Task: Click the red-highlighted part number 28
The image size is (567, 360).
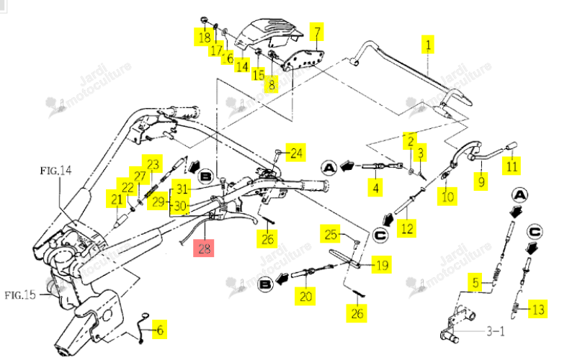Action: [204, 248]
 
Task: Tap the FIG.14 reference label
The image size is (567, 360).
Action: [55, 170]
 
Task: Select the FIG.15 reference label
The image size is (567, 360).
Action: [20, 295]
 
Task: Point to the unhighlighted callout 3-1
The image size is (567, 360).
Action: [495, 330]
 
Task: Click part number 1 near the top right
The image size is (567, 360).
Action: [428, 45]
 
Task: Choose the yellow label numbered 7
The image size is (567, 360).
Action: [317, 32]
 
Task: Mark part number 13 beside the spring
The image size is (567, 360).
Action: [537, 309]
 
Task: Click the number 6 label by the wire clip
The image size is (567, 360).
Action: [159, 329]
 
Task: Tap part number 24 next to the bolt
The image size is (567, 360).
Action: [296, 153]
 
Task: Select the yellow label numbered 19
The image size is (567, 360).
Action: [382, 265]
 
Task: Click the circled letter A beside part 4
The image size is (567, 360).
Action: [329, 168]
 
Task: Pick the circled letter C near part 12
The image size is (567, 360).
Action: [380, 235]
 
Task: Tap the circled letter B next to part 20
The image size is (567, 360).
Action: [265, 284]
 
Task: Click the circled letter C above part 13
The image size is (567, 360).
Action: [535, 232]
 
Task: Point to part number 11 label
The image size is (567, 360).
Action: [512, 166]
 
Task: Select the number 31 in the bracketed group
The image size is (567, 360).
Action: [182, 189]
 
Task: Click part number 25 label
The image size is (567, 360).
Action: [330, 234]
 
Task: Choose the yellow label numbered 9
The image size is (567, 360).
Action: [481, 181]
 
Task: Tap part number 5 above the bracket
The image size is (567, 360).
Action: [476, 283]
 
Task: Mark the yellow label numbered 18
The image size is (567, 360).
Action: [204, 37]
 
